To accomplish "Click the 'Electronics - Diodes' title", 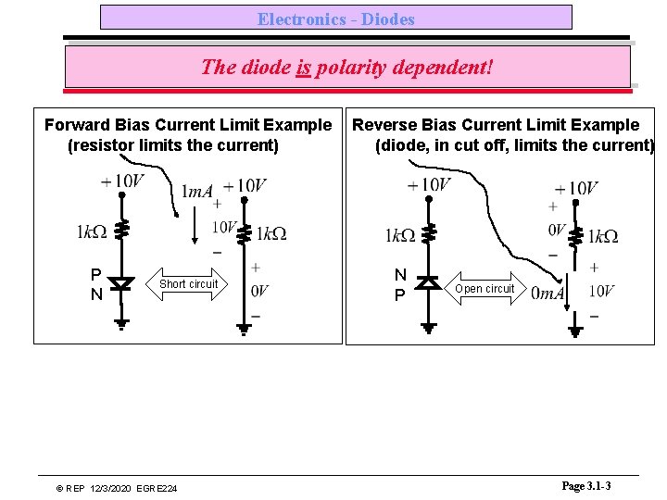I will point(335,19).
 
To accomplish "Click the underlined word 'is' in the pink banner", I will point(303,68).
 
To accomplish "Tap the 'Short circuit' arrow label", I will point(188,284).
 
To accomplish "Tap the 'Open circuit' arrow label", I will point(485,289).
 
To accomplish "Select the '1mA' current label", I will point(196,192).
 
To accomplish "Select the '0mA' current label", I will point(548,293).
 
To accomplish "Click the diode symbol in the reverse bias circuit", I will point(427,281).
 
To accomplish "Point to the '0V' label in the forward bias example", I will point(260,291).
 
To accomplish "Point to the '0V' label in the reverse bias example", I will point(557,229).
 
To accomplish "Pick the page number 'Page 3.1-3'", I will point(586,486).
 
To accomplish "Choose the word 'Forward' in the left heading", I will point(76,125).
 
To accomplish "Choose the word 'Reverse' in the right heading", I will point(384,125).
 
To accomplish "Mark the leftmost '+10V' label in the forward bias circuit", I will point(123,181).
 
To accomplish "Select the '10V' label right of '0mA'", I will point(601,293).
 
